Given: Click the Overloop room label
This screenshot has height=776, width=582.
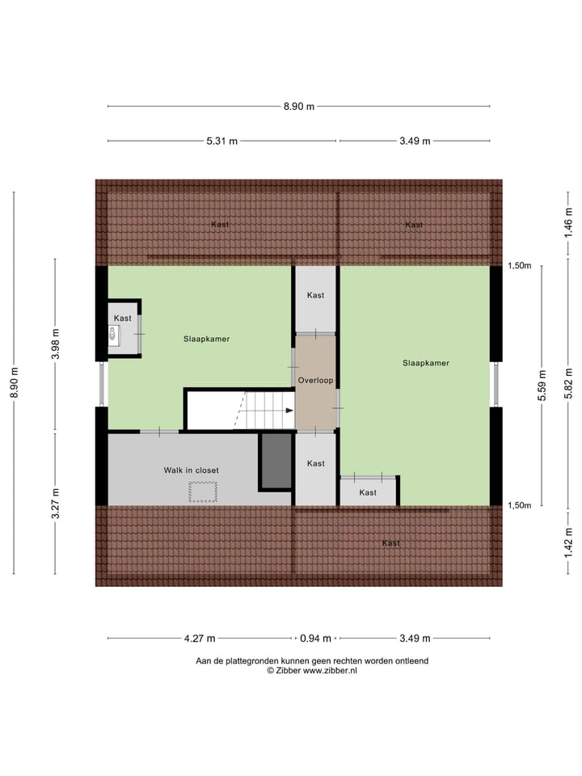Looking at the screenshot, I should (x=315, y=380).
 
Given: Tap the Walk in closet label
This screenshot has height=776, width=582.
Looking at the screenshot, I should (x=192, y=470).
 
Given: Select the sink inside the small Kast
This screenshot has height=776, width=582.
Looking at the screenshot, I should (x=113, y=333).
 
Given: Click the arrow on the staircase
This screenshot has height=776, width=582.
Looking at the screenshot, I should (x=289, y=411).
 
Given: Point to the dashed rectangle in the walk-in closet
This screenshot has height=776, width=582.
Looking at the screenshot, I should (x=203, y=491).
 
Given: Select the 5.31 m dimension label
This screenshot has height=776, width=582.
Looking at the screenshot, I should (x=221, y=141).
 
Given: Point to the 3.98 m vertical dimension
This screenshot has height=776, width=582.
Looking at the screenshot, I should (x=55, y=344).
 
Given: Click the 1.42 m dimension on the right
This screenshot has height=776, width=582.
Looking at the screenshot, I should (x=568, y=542).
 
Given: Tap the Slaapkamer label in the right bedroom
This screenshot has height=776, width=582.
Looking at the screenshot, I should (x=425, y=363).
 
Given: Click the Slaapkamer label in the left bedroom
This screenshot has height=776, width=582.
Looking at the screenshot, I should (x=206, y=339).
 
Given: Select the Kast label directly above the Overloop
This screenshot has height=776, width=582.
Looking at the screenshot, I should (x=315, y=295).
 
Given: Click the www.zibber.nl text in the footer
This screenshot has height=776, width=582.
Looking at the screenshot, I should (x=330, y=670).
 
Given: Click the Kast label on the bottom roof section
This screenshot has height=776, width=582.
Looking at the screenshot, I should (x=390, y=543).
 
